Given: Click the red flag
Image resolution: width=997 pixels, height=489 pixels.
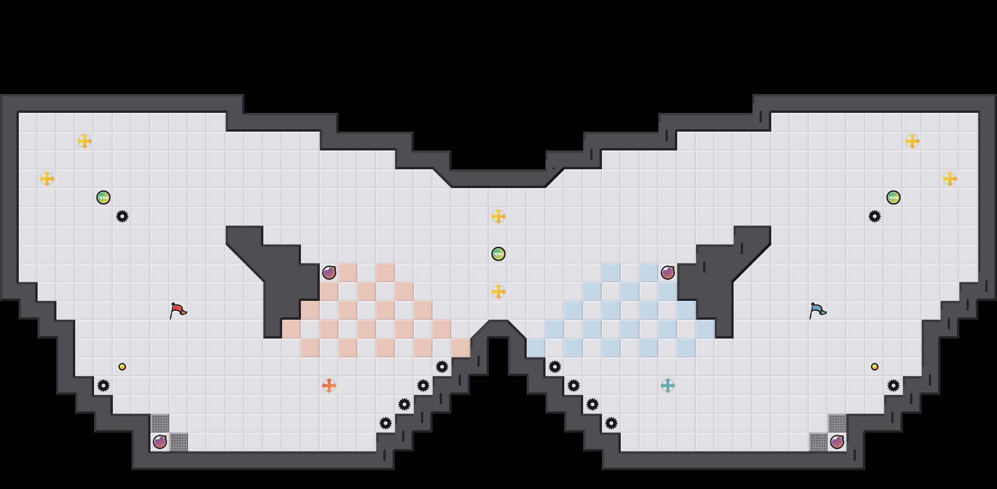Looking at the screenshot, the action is [178, 310].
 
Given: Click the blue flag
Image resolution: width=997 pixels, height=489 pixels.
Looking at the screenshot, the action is [817, 310].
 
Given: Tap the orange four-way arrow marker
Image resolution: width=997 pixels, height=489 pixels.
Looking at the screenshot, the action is [329, 386].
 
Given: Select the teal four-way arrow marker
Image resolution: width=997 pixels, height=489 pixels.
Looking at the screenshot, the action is [668, 386].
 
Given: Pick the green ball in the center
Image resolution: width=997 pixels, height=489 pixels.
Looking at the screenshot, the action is [498, 254].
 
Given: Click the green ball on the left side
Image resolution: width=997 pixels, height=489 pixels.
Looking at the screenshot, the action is [103, 197].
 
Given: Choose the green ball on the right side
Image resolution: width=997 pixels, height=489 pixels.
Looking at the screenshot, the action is [894, 197].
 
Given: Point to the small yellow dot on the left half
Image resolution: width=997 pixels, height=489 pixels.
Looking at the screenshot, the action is [122, 367].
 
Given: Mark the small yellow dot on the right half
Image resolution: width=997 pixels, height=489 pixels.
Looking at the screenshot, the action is [875, 367].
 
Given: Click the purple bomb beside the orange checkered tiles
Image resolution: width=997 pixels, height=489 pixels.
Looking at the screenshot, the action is [329, 273].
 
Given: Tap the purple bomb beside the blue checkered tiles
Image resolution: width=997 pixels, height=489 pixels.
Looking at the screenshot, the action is [668, 273].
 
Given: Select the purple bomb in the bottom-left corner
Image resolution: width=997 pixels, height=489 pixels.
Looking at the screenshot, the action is [160, 442].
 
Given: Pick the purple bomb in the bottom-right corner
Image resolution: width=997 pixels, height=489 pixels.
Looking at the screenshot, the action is [837, 442].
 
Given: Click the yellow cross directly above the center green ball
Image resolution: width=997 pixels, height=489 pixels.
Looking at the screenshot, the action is [498, 216].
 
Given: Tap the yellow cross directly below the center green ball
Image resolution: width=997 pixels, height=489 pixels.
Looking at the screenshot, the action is [498, 292].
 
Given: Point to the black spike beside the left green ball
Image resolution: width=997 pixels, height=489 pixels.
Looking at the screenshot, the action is [122, 216].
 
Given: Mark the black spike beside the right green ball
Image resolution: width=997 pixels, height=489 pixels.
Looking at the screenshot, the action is [875, 216].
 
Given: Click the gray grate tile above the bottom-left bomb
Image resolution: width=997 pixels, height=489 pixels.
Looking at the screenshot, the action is [160, 423].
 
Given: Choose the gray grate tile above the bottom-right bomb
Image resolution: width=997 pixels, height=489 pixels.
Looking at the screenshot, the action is [837, 423].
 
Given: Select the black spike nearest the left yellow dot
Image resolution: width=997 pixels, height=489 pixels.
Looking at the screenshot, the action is [103, 386].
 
